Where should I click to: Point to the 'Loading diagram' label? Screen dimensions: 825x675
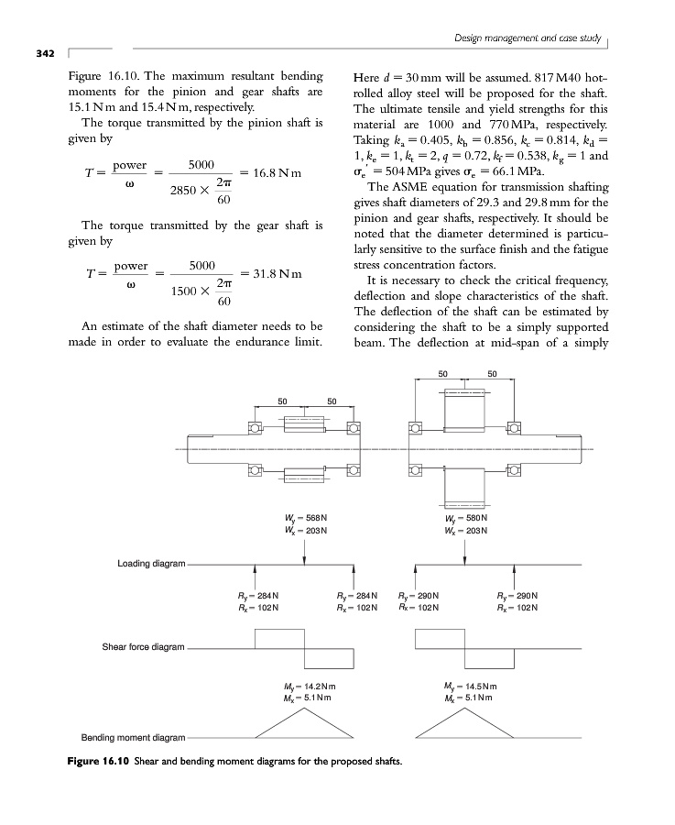(151, 562)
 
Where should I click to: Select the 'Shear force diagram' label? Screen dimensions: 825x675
(143, 647)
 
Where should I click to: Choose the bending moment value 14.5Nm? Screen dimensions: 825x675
(474, 685)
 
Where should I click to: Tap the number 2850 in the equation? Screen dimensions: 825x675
(186, 191)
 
